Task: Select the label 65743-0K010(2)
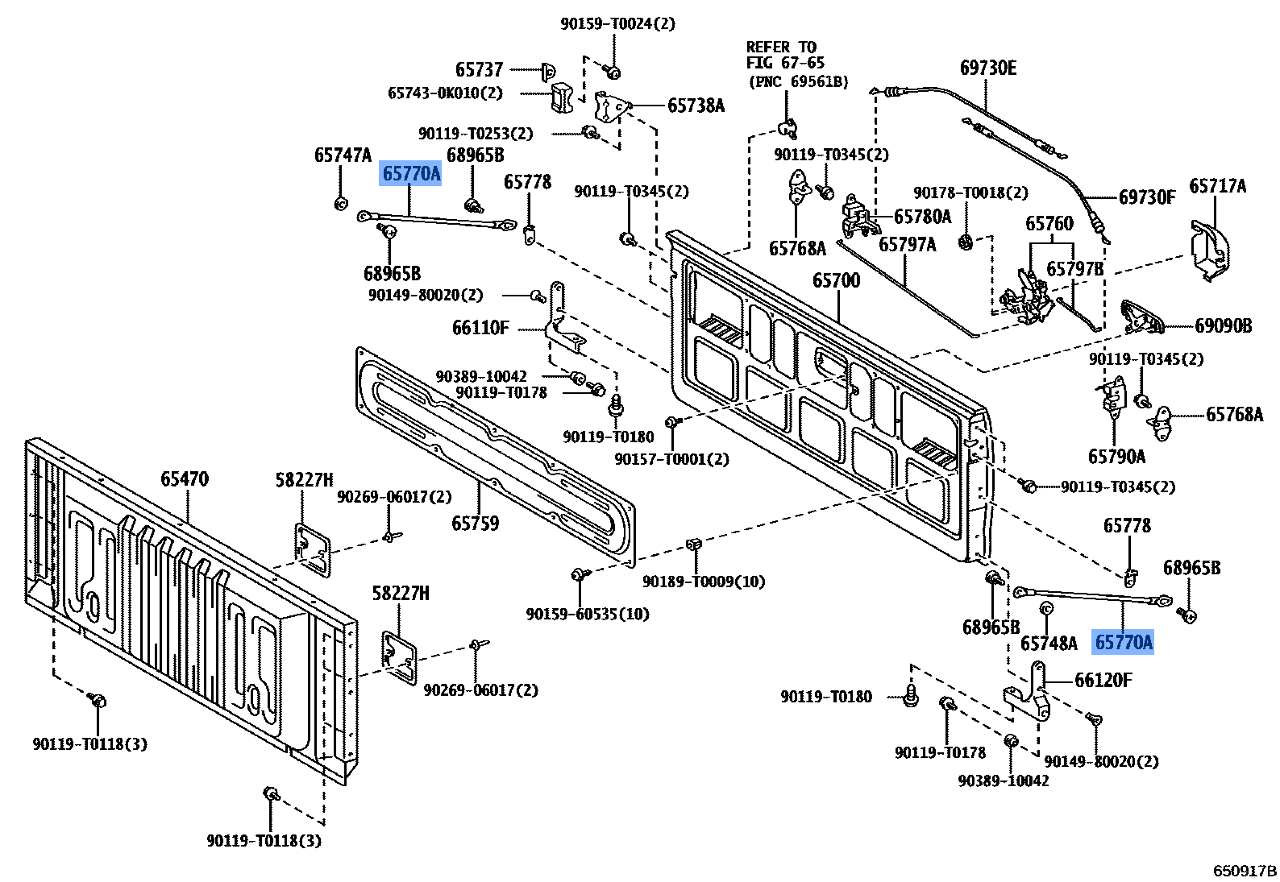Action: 445,93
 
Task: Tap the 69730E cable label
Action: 988,68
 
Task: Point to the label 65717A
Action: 1217,186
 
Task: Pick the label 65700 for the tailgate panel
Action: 836,280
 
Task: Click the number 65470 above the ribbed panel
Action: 184,479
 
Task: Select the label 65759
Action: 475,524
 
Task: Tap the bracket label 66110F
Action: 480,328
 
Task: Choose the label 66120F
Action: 1103,681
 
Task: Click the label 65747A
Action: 343,155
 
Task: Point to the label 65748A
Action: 1048,643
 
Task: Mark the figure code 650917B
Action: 1245,871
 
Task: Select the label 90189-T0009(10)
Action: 703,581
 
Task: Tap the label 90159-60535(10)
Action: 587,614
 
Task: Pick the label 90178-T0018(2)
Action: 970,193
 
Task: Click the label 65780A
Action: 922,217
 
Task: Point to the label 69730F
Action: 1147,197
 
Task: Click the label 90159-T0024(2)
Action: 617,24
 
